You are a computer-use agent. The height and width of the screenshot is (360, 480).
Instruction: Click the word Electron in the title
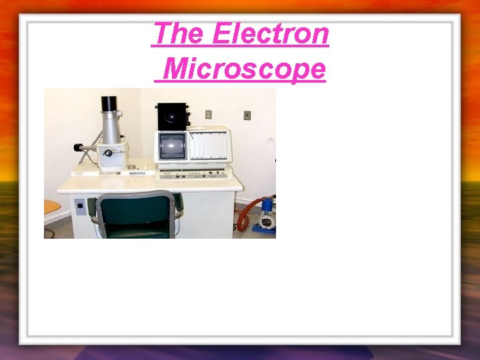[270, 34]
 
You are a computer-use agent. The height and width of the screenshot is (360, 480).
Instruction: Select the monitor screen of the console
[172, 147]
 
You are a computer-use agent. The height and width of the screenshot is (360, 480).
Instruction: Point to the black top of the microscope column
[109, 104]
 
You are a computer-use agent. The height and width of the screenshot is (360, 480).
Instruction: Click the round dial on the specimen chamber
[107, 153]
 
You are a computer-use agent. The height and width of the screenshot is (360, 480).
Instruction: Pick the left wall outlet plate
[209, 114]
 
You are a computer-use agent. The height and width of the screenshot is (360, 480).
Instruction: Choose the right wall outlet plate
[247, 115]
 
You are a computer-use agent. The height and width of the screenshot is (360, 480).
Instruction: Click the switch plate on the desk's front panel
[80, 206]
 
